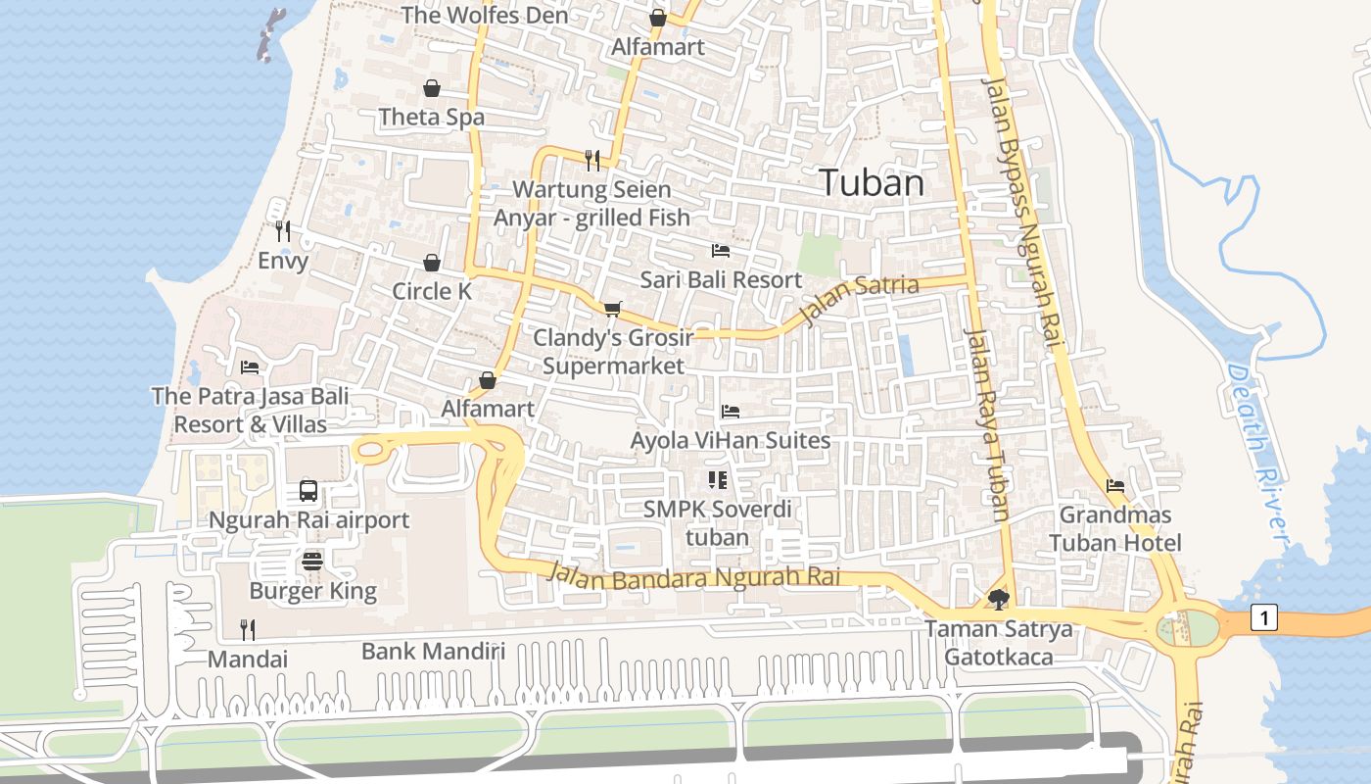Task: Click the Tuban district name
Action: point(871,183)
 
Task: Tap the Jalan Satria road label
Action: point(860,298)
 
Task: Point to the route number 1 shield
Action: point(1264,617)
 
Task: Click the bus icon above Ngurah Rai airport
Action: point(308,491)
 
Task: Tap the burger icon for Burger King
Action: point(312,562)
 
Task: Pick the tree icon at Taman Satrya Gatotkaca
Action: point(998,599)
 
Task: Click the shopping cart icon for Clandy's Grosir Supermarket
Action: point(613,310)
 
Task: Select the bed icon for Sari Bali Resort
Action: point(721,251)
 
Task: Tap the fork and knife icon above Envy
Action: point(283,231)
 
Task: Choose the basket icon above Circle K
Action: point(432,263)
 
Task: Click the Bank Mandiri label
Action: point(433,651)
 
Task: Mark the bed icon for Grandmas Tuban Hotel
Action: point(1114,486)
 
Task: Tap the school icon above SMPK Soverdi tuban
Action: point(718,480)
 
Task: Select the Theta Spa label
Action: point(432,118)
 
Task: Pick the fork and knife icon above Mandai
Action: point(248,629)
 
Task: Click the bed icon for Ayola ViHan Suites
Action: point(731,412)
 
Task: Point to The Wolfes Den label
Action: point(484,16)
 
